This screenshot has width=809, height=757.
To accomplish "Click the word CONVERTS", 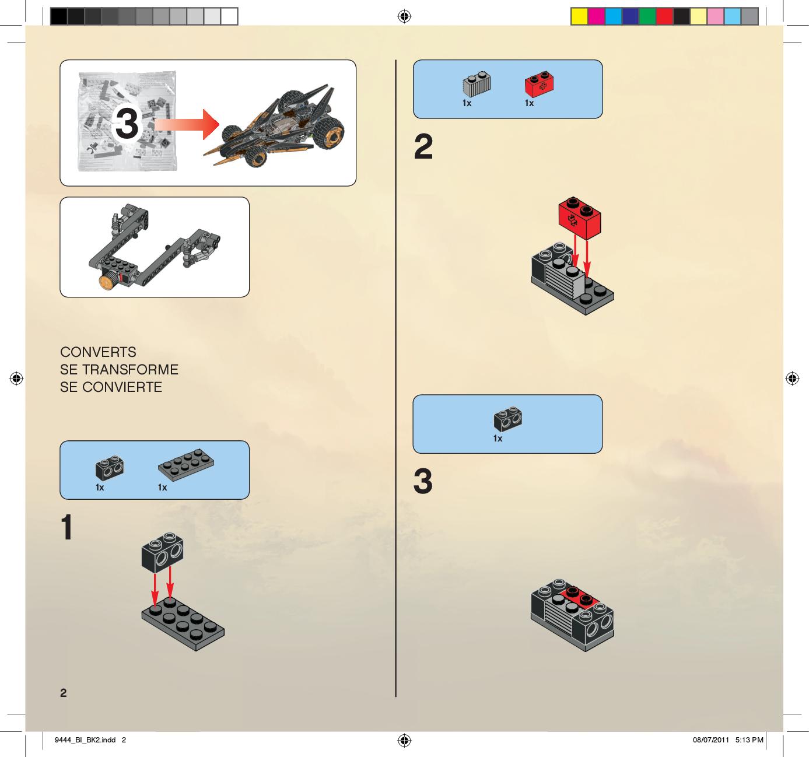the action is click(x=98, y=352).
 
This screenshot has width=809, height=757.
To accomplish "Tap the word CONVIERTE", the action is click(x=122, y=387).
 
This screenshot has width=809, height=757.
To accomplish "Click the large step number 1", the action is click(x=67, y=527).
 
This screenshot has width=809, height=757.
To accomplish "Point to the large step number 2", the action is click(x=423, y=146).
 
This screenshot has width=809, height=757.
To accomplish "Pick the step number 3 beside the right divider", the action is click(x=423, y=481).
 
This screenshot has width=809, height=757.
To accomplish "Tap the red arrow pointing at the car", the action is click(x=187, y=124).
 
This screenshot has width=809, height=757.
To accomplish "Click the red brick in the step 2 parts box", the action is click(x=539, y=84).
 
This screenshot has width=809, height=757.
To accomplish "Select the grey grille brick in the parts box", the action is click(x=477, y=84).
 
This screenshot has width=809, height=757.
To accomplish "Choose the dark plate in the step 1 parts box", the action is click(x=185, y=465).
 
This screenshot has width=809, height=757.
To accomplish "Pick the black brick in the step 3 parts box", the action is click(x=507, y=419).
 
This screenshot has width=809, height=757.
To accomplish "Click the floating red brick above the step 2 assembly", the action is click(x=580, y=218).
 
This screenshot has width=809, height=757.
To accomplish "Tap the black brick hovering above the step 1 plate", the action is click(x=163, y=552).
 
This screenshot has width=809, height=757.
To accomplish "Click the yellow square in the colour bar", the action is click(x=579, y=17).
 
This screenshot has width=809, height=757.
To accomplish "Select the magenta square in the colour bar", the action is click(x=596, y=17).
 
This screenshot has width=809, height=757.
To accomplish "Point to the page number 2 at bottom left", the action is click(x=63, y=693).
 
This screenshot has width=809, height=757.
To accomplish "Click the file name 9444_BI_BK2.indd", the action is click(x=85, y=740).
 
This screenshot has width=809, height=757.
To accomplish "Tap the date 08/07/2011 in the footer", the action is click(x=711, y=740).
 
